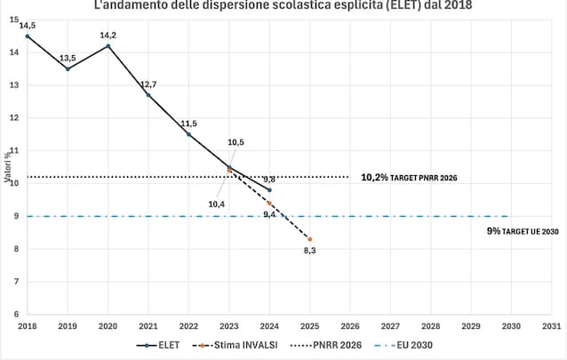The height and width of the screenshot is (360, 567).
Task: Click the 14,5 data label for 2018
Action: coord(28,26)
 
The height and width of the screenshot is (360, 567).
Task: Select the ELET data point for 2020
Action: coord(108,46)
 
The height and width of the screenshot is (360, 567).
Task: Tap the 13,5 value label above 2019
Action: coord(68,58)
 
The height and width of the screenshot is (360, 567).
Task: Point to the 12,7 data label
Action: coord(148,84)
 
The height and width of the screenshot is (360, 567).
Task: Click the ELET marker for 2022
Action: coord(188,134)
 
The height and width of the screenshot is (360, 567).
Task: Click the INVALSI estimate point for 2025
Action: coord(310,239)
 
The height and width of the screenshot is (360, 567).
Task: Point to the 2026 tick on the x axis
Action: coord(350,325)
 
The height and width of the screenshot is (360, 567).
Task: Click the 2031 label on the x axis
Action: coord(552,325)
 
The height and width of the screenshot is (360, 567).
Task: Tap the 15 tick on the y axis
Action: coord(15,20)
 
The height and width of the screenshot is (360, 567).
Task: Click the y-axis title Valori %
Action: coord(7,167)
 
